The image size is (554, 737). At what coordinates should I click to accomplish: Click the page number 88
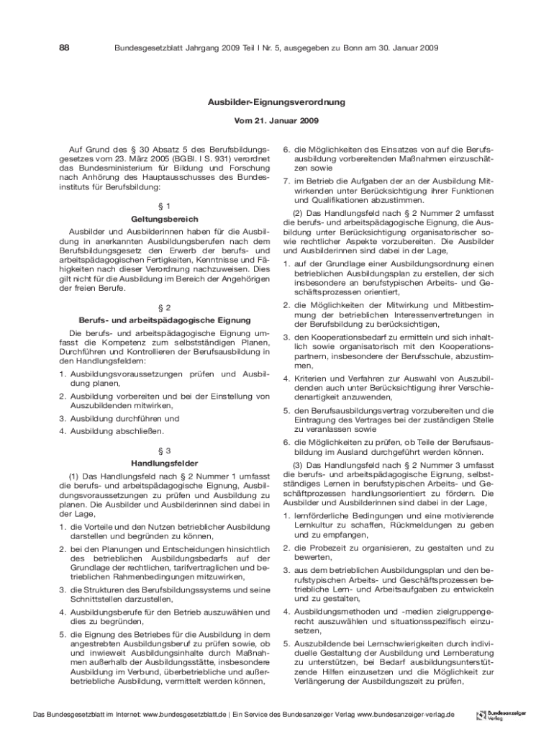click(64, 48)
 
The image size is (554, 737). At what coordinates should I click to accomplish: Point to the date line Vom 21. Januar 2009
click(277, 121)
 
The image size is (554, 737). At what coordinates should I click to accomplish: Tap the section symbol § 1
click(165, 206)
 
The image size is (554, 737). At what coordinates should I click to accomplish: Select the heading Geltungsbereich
click(165, 219)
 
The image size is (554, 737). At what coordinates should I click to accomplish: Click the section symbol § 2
click(165, 307)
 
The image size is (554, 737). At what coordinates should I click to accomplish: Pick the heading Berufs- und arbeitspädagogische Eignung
click(165, 320)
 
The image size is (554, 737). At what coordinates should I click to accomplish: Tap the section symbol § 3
click(165, 450)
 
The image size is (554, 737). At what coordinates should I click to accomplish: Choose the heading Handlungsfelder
click(165, 463)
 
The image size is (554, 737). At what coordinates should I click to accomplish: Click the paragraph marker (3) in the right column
click(297, 466)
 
